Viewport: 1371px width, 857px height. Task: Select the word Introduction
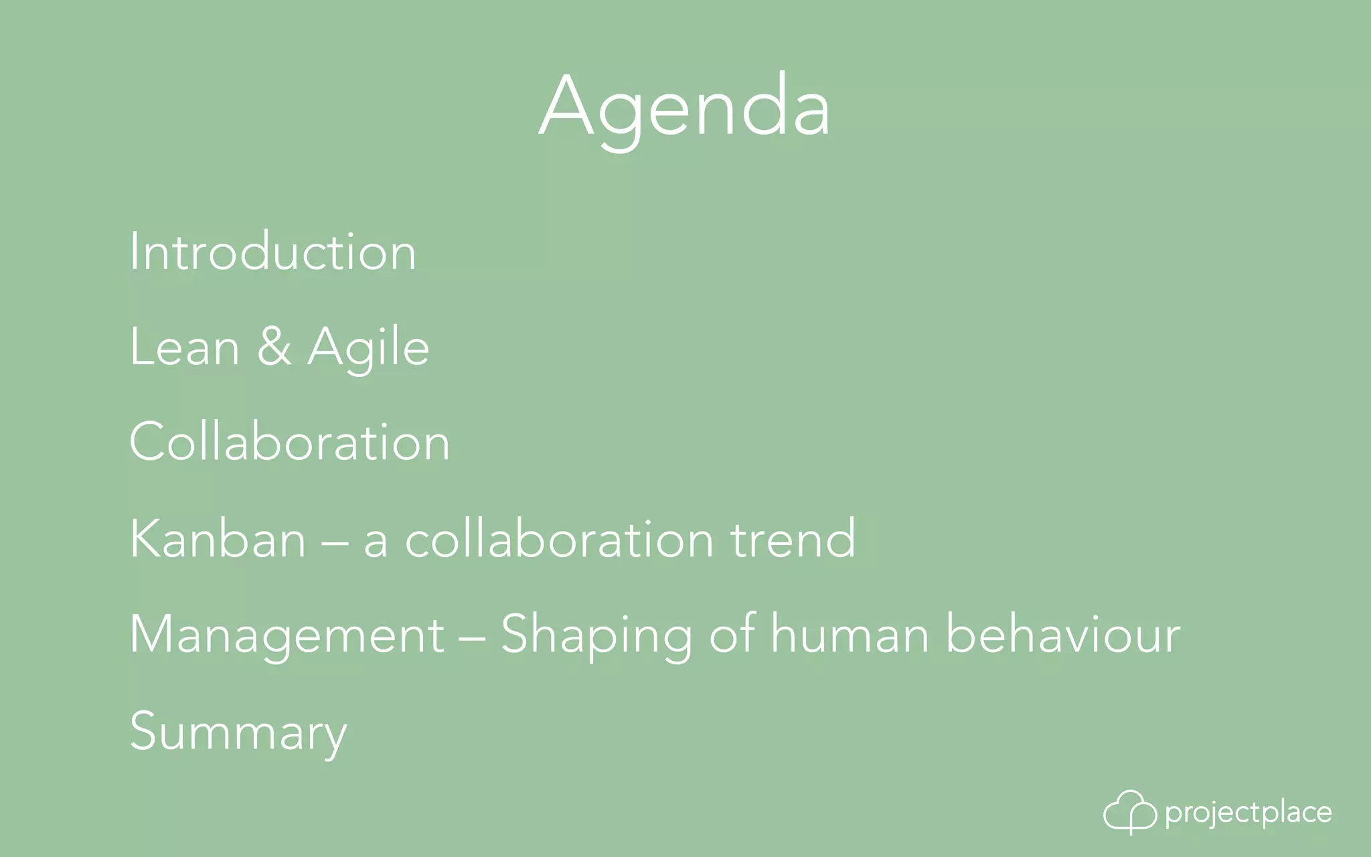point(272,252)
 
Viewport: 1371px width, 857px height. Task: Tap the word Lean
point(184,347)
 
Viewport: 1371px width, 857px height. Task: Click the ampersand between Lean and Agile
point(274,347)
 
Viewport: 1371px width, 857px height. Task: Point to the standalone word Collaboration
point(289,442)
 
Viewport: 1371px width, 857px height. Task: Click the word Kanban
point(218,538)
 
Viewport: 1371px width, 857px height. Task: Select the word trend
point(793,538)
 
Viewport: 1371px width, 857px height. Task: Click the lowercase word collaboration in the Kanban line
point(559,538)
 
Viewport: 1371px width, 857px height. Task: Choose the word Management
point(287,635)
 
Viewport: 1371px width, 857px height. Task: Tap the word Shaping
point(596,635)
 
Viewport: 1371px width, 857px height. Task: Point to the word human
point(850,635)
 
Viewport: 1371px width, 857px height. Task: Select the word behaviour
point(1062,635)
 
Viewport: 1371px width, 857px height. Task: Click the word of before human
point(732,633)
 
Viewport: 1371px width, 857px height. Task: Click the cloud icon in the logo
point(1129,812)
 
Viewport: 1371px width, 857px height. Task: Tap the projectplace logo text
point(1248,813)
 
